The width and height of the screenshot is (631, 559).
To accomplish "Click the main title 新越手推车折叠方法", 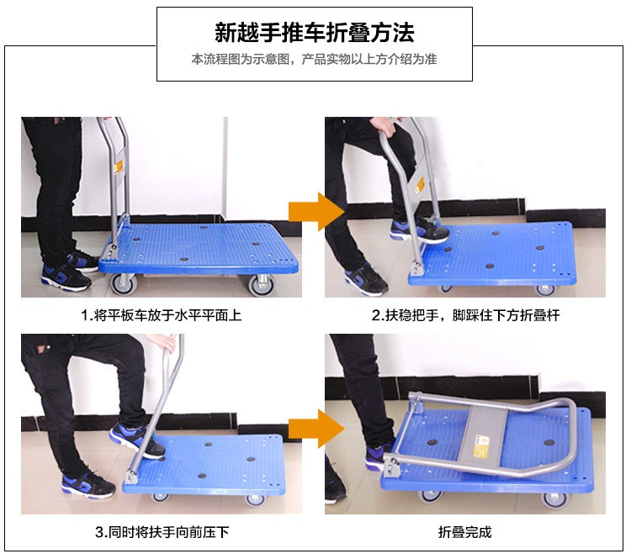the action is (315, 33).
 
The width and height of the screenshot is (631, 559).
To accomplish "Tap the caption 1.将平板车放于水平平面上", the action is (162, 315).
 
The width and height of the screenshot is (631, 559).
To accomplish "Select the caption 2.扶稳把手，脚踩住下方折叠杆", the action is (465, 315).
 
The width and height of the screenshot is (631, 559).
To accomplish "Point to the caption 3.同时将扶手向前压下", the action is (162, 532).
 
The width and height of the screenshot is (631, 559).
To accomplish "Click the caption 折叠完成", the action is (464, 532).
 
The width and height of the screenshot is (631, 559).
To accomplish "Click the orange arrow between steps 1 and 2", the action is (316, 212).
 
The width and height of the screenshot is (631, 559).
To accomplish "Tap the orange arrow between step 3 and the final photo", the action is (316, 429).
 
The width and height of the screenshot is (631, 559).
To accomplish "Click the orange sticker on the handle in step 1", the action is (118, 167).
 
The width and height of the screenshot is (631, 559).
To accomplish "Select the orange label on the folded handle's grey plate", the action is (480, 446).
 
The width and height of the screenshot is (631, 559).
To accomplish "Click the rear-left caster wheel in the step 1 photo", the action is (124, 284).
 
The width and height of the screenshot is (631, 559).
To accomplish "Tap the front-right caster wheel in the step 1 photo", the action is (262, 285).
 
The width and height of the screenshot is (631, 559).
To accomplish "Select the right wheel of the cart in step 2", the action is (545, 289).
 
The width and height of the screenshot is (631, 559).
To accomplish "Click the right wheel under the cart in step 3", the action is (256, 500).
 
